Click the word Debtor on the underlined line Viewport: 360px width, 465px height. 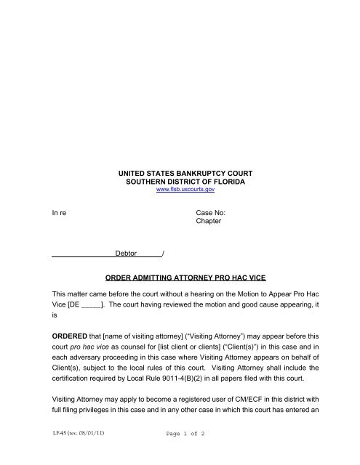point(128,253)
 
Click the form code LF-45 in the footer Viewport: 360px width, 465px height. point(61,453)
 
